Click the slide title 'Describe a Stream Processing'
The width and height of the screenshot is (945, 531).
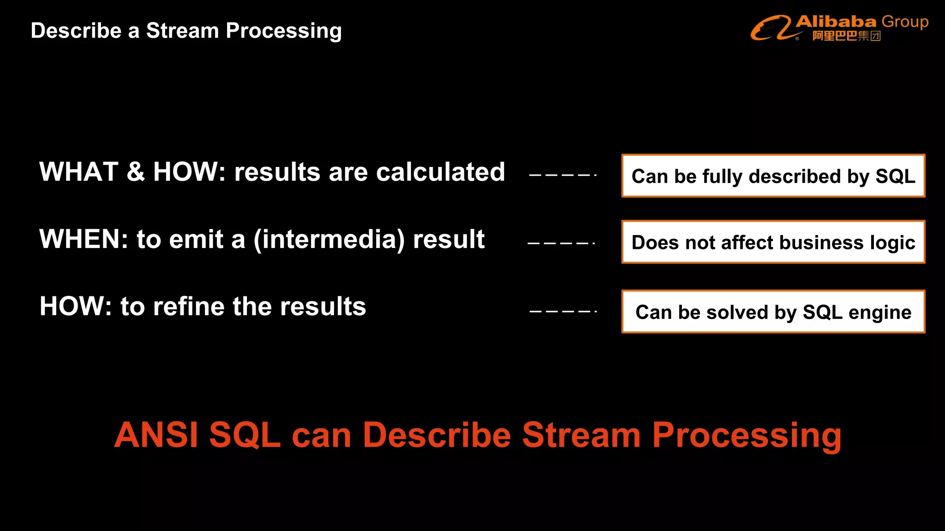186,31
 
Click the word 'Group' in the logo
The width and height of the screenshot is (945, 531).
904,22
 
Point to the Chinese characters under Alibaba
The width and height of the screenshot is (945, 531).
846,36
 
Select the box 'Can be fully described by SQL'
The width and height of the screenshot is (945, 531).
773,176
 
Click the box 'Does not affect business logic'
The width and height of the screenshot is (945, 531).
773,242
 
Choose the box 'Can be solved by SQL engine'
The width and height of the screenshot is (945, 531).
773,312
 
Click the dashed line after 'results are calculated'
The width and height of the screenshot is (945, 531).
563,175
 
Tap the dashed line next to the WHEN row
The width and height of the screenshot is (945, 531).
561,243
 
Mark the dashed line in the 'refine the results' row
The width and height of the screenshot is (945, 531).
563,312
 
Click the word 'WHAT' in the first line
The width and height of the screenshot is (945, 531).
79,172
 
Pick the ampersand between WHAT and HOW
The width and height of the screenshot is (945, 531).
136,172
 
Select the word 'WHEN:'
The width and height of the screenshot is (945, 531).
84,239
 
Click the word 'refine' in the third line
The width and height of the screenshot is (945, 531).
189,307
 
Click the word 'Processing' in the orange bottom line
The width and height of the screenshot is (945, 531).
747,436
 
